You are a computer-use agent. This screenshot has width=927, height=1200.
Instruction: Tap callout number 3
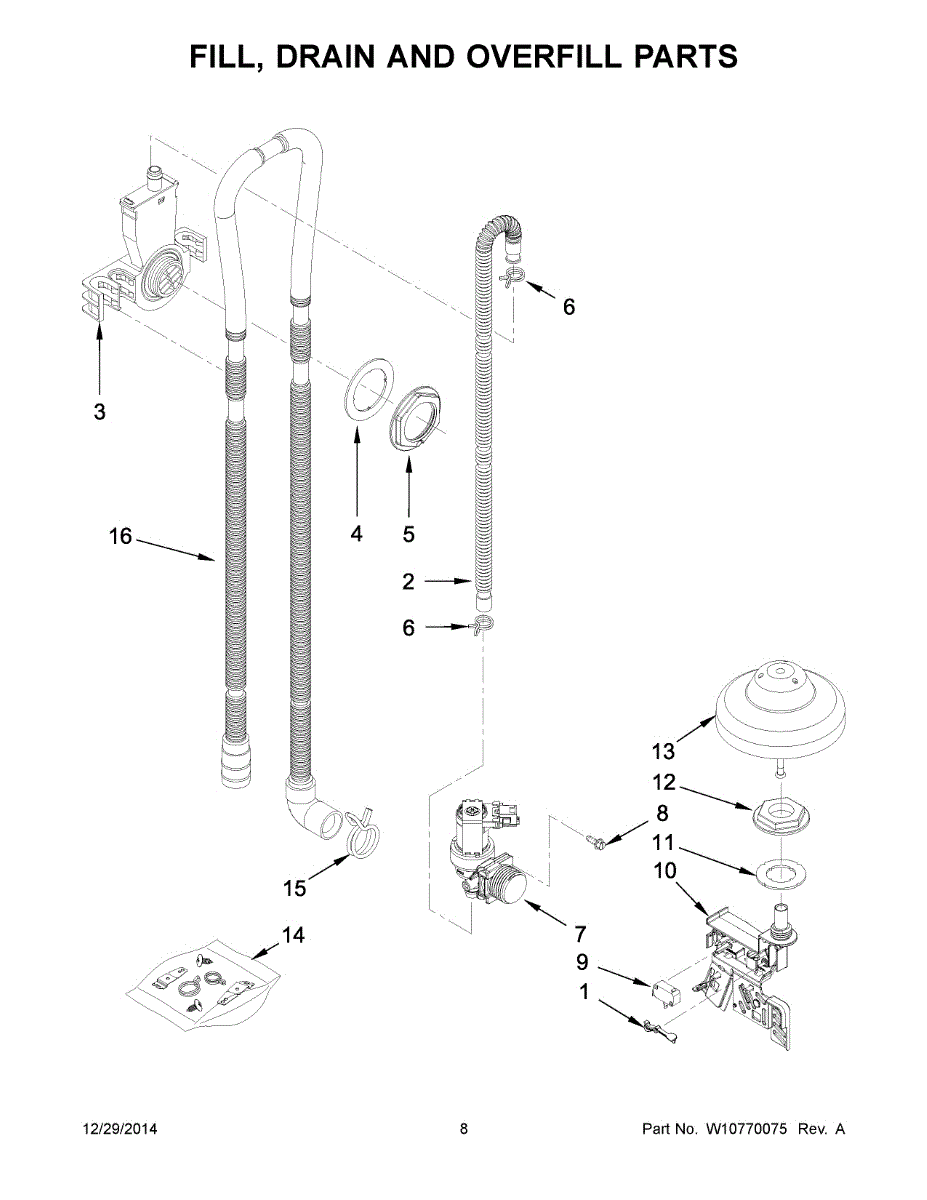point(99,411)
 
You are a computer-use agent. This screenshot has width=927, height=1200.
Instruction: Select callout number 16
point(120,537)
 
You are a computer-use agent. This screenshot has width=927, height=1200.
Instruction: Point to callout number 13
point(663,751)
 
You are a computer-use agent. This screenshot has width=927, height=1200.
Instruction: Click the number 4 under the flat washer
point(357,534)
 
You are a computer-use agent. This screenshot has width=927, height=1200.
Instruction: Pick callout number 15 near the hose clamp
point(294,888)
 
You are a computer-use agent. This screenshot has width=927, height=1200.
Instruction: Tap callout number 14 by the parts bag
point(293,936)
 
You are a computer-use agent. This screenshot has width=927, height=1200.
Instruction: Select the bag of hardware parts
point(200,984)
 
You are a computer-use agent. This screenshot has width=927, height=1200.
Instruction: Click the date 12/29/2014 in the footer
point(119,1129)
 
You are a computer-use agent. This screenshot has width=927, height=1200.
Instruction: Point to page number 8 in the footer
point(464,1129)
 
